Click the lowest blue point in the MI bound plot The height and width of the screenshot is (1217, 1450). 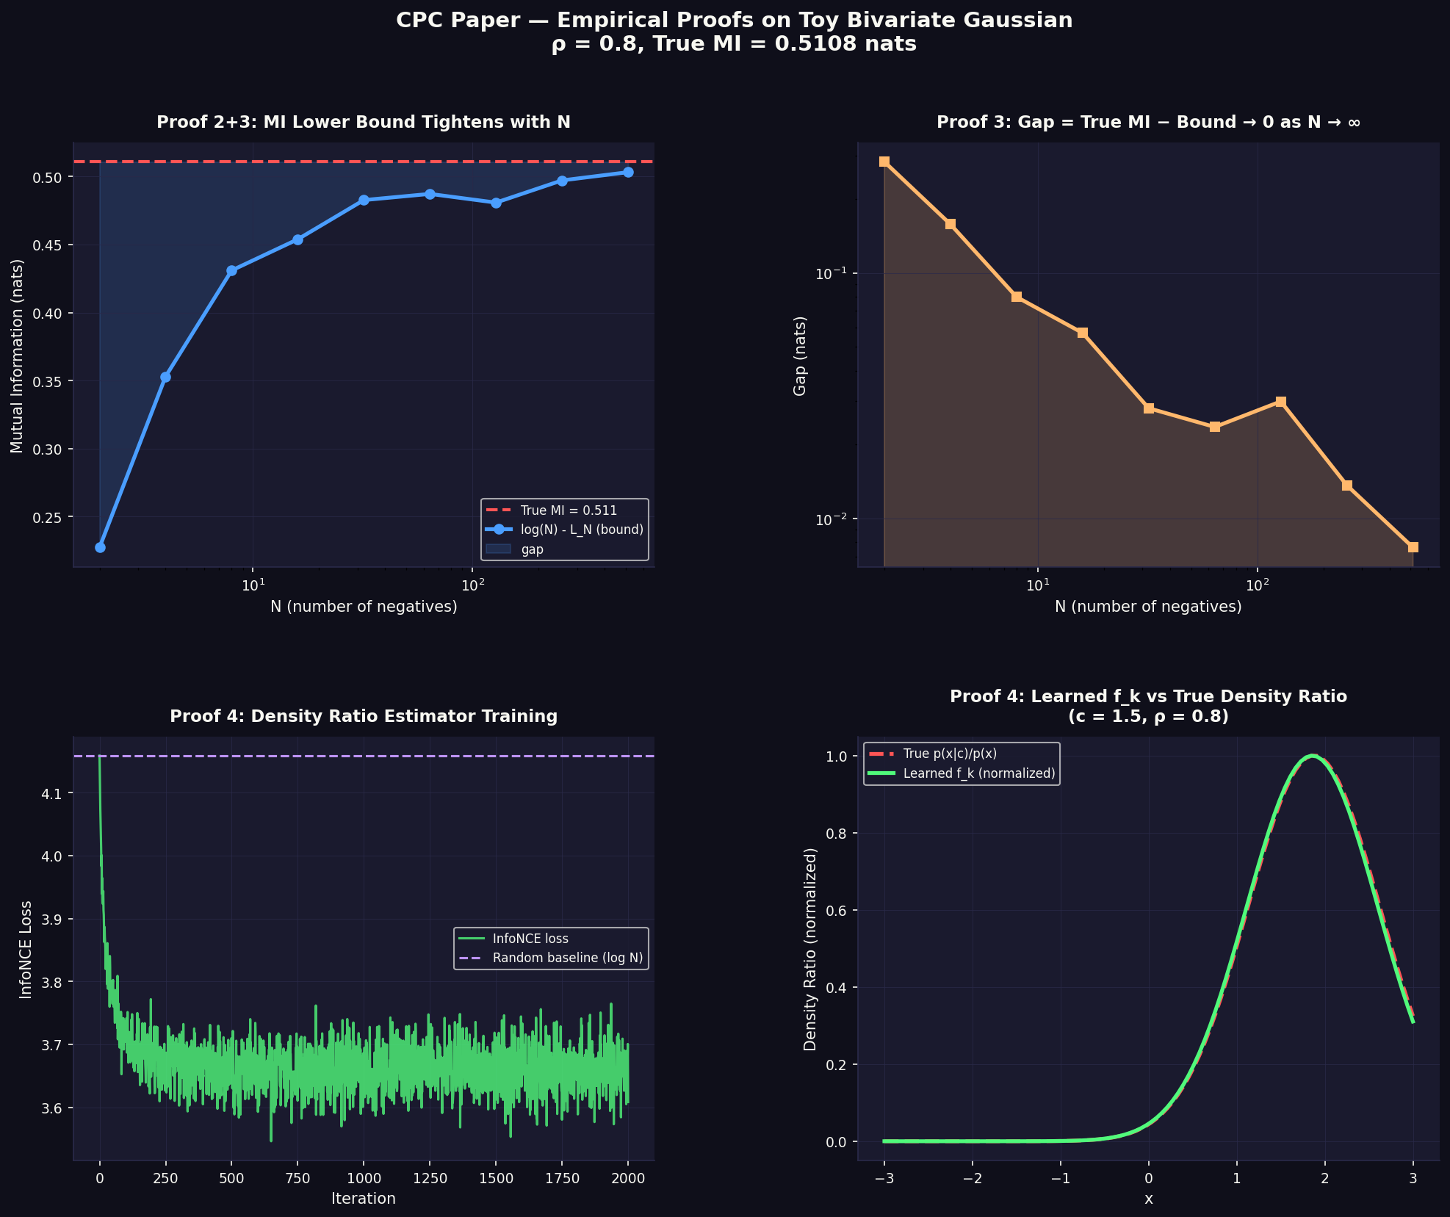click(100, 547)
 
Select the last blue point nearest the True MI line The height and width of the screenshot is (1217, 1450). click(628, 172)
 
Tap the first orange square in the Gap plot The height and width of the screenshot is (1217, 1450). click(884, 162)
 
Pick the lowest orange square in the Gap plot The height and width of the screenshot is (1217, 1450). click(1413, 547)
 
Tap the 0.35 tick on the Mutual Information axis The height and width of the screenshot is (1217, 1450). click(51, 381)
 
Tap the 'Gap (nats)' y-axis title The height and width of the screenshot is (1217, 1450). click(800, 355)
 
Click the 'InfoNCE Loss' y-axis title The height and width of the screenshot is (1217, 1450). click(26, 949)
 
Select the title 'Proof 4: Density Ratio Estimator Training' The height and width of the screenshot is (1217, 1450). click(364, 716)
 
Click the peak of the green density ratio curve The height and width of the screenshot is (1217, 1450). click(1312, 756)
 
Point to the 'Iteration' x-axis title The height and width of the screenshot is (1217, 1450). click(364, 1199)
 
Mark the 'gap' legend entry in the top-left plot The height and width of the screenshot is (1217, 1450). click(532, 549)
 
